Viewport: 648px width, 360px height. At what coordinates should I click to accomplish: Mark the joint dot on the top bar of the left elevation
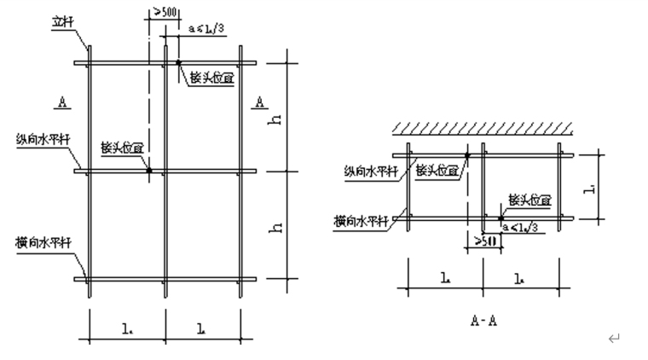(x=178, y=62)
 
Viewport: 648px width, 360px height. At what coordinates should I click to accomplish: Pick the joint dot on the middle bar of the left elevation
(x=148, y=171)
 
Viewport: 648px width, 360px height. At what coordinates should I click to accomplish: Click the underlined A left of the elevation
(x=62, y=102)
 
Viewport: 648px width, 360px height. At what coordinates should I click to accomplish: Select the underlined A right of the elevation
(x=260, y=102)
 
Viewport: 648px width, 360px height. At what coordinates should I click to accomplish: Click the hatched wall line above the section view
(x=482, y=128)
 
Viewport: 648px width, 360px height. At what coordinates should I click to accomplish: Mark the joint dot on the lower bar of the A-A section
(x=500, y=218)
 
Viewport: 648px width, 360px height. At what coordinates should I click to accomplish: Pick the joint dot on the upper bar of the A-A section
(x=467, y=155)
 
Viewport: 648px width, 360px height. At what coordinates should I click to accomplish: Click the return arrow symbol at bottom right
(x=612, y=340)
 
